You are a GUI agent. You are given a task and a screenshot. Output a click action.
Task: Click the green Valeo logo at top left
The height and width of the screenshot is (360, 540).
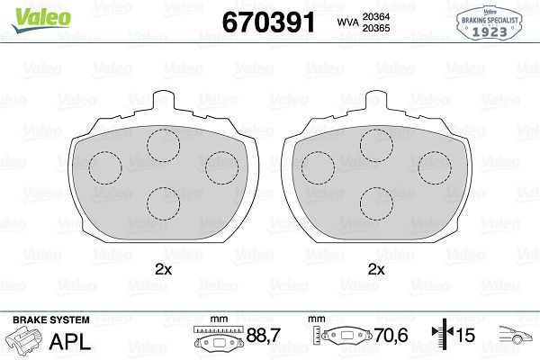[x=41, y=20]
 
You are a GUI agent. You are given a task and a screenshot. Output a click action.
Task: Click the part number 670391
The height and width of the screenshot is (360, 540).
[x=268, y=22]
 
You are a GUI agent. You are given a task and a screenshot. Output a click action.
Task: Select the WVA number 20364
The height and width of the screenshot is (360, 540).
[x=376, y=16]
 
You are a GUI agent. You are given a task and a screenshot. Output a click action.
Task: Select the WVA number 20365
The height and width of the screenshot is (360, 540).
[x=376, y=28]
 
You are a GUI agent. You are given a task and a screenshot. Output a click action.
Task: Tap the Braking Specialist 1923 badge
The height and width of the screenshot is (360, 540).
[x=490, y=23]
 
